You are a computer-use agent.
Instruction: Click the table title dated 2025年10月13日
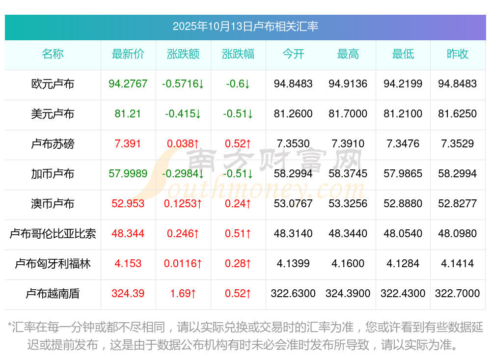[245, 26]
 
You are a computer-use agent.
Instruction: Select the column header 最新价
[128, 54]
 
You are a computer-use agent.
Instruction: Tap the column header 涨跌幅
[238, 54]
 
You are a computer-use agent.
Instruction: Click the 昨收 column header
[458, 54]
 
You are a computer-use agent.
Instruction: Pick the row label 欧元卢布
[53, 84]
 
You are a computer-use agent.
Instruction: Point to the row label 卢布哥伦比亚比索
[53, 234]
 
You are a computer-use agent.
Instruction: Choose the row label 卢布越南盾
[53, 294]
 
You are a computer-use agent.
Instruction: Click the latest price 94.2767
[128, 84]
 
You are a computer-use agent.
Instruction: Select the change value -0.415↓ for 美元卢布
[183, 114]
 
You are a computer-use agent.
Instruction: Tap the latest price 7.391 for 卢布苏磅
[128, 144]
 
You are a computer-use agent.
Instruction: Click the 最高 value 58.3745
[348, 174]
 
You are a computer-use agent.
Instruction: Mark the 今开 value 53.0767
[293, 204]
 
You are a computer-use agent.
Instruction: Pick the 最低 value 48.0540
[403, 234]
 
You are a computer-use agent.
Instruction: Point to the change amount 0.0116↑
[183, 264]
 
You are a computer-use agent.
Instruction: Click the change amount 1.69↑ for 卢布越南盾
[183, 294]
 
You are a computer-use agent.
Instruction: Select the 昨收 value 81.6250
[458, 114]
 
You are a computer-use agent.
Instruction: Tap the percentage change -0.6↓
[238, 84]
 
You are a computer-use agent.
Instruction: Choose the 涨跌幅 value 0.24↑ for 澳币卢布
[238, 204]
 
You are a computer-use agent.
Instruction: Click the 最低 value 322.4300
[403, 294]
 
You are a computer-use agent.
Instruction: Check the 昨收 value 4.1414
[458, 264]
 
